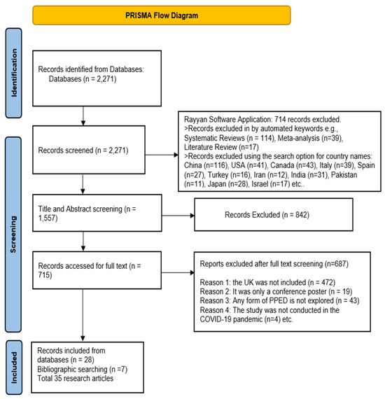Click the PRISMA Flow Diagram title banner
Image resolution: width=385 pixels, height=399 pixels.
coord(162,15)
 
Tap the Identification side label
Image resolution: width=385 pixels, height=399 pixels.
coord(14,73)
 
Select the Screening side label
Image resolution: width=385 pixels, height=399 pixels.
coord(13,234)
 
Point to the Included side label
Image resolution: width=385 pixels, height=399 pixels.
coord(14,367)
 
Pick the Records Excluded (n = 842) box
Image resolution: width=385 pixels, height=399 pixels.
coord(274,214)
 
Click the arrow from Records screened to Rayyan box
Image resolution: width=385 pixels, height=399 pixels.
coord(162,155)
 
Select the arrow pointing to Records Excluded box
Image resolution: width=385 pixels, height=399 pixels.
coord(178,216)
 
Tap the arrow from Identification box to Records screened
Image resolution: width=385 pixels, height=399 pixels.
coord(83,115)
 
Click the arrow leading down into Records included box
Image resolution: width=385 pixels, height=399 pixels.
coord(83,315)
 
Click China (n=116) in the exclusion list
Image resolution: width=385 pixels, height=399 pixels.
coord(206,165)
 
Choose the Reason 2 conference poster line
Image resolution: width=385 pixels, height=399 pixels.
coord(276,292)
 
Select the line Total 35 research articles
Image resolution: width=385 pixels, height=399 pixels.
coord(76,379)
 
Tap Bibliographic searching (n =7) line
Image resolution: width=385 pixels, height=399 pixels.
coord(82,369)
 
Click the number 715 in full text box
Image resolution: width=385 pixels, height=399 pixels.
coord(45,275)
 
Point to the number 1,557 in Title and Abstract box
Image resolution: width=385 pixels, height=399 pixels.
coord(48,218)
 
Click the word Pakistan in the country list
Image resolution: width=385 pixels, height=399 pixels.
coord(344,175)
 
